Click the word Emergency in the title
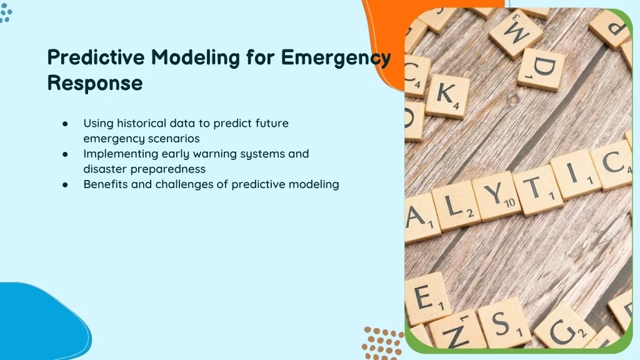[x=336, y=57]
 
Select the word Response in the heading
[x=95, y=83]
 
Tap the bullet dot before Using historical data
[x=65, y=123]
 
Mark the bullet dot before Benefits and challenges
[x=65, y=184]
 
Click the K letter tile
[x=447, y=96]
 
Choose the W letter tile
[x=516, y=32]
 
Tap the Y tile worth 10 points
[x=497, y=197]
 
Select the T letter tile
[x=538, y=190]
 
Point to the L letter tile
[x=456, y=206]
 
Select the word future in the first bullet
[x=272, y=123]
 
